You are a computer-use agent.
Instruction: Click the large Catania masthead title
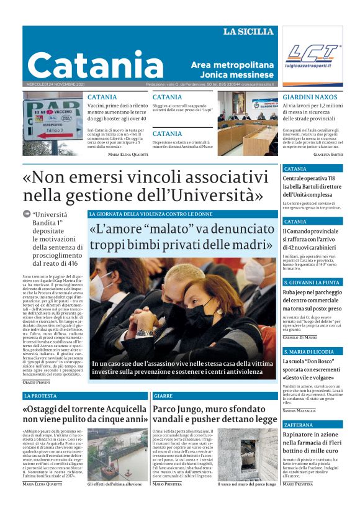(x=86, y=65)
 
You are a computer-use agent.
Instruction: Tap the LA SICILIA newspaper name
(x=248, y=32)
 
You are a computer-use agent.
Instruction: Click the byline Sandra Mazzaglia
(x=299, y=411)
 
